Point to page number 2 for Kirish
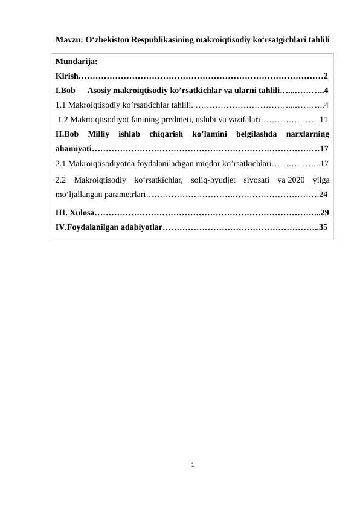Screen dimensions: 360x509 (x=326, y=76)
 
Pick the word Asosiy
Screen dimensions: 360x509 (x=100, y=91)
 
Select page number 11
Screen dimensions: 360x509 (x=324, y=119)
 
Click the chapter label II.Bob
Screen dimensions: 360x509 (x=67, y=134)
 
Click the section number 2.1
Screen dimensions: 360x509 (x=60, y=163)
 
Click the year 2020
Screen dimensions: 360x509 (x=295, y=180)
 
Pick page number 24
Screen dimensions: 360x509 (x=324, y=195)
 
